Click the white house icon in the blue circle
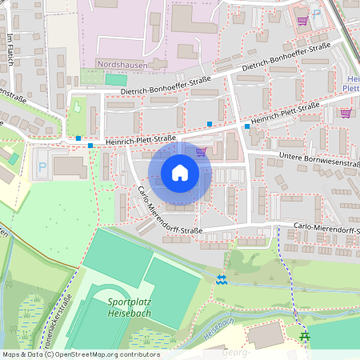click(x=180, y=172)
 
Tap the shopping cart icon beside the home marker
click(x=201, y=151)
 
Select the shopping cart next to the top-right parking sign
click(x=302, y=22)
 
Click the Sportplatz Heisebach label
click(x=133, y=307)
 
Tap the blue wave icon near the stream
click(x=222, y=278)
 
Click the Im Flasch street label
click(x=10, y=51)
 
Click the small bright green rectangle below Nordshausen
click(x=116, y=80)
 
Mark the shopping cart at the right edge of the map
click(x=346, y=113)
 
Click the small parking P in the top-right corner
click(x=317, y=13)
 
